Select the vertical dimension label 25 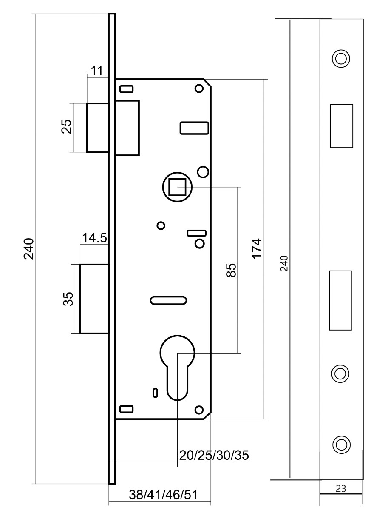pos(67,127)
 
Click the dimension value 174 pos(256,249)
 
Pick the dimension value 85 pos(231,270)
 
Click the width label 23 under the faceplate pos(340,489)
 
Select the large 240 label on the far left pos(29,249)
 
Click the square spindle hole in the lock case pos(177,187)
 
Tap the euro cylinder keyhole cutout pos(177,366)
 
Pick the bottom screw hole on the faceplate pos(340,444)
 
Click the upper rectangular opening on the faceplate pos(341,126)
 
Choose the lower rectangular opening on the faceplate pos(340,300)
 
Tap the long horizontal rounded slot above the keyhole pos(168,300)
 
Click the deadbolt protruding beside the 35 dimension pos(94,299)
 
